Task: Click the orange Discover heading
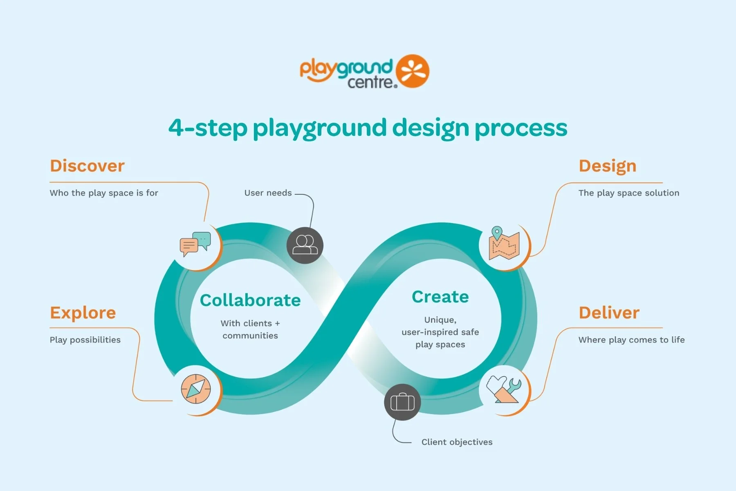pos(87,166)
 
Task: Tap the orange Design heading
pos(608,167)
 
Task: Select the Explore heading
pos(83,313)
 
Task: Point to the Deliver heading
pos(609,313)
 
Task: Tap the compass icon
pos(196,389)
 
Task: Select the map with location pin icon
pos(504,243)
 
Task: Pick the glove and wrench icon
pos(504,389)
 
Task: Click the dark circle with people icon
pos(305,245)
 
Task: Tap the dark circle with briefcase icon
pos(402,402)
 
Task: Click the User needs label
pos(268,193)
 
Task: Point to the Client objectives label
pos(457,442)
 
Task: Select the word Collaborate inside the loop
pos(250,300)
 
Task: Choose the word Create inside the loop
pos(440,297)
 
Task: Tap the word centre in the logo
pos(372,82)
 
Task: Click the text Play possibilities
pos(85,340)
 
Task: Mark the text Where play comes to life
pos(631,340)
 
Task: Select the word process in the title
pos(521,128)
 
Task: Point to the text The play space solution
pos(629,193)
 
